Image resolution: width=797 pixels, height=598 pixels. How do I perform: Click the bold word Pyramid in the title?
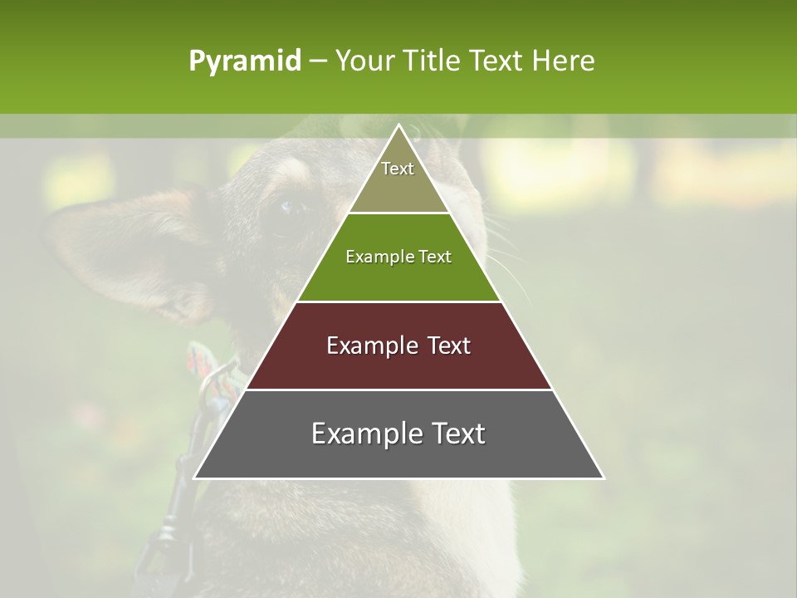244,61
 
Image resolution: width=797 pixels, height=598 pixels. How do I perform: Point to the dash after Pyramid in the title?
317,61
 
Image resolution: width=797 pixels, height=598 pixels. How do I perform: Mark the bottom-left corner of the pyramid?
195,478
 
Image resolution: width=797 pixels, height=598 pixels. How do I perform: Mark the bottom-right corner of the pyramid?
603,478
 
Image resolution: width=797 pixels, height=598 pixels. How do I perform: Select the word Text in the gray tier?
457,434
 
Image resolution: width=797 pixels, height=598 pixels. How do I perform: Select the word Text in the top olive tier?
398,169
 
